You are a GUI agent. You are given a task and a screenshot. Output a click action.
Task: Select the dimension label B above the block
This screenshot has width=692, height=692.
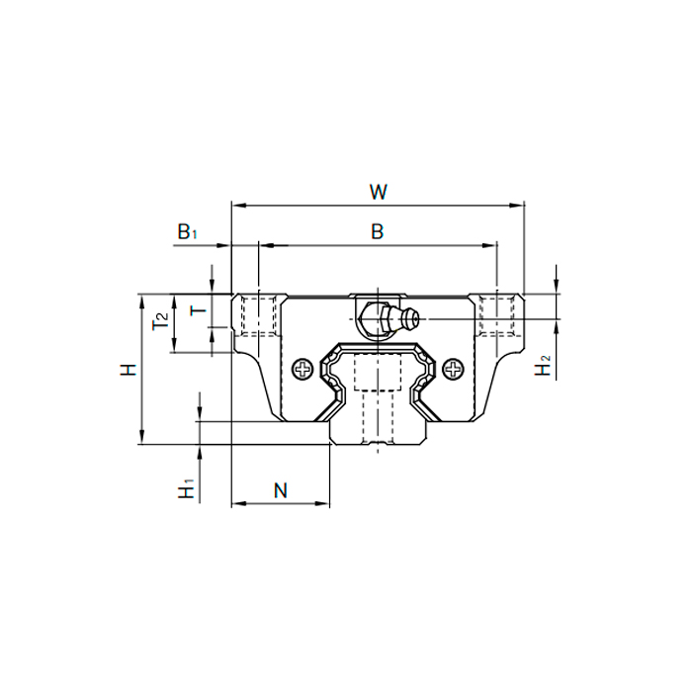point(377,231)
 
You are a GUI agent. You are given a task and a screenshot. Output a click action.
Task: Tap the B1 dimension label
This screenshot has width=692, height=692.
point(188,231)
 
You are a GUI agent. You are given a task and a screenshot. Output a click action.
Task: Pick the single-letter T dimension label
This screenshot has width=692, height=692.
point(198,310)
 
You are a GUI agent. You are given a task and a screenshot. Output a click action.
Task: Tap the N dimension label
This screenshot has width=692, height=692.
point(280,489)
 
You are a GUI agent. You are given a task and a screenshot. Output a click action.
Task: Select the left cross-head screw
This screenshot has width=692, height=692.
point(302,369)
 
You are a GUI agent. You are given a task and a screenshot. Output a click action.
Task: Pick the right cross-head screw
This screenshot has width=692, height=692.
point(454,369)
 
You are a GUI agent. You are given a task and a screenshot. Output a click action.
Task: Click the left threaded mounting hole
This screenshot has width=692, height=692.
point(258,315)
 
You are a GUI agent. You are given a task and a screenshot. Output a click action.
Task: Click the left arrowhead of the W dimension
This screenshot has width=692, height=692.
point(236,206)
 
